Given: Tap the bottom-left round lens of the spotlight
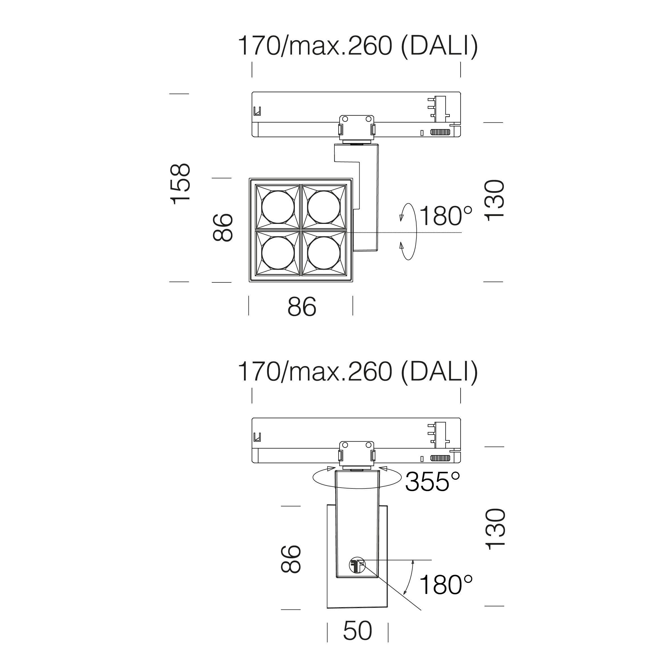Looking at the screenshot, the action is (x=278, y=253).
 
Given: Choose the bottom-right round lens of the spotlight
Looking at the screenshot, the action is (x=324, y=253).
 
